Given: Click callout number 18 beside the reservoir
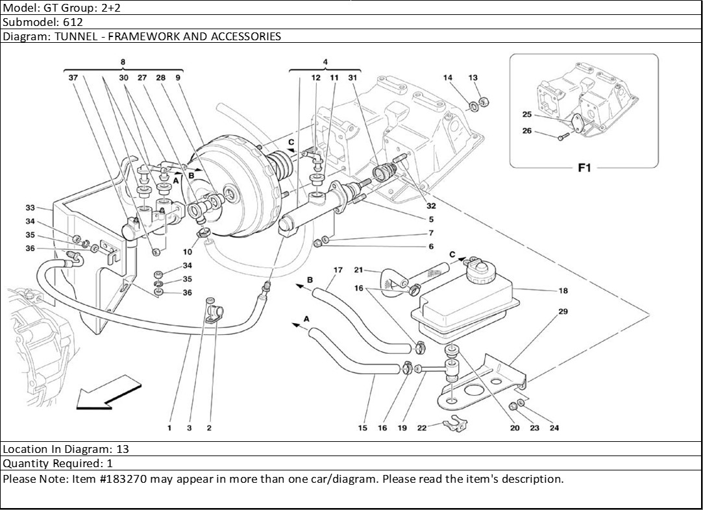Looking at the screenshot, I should (563, 291).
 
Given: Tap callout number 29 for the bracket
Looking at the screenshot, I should (563, 312).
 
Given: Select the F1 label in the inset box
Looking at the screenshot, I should (584, 168).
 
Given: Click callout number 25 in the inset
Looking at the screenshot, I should (527, 115).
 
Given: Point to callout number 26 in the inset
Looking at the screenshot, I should (527, 131).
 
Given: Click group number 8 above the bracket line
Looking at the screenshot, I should (123, 62).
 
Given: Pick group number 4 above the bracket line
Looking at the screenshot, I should (325, 62).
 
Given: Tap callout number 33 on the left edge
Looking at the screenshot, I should (30, 208).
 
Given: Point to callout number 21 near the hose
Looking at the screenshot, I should (358, 270).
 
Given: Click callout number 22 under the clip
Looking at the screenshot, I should (422, 428).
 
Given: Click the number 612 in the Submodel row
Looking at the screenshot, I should (73, 22).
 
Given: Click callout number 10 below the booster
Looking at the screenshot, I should (188, 252).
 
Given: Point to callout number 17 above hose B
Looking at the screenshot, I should (338, 270).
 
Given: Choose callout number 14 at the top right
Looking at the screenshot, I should (448, 78).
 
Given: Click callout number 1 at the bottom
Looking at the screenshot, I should (169, 428).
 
